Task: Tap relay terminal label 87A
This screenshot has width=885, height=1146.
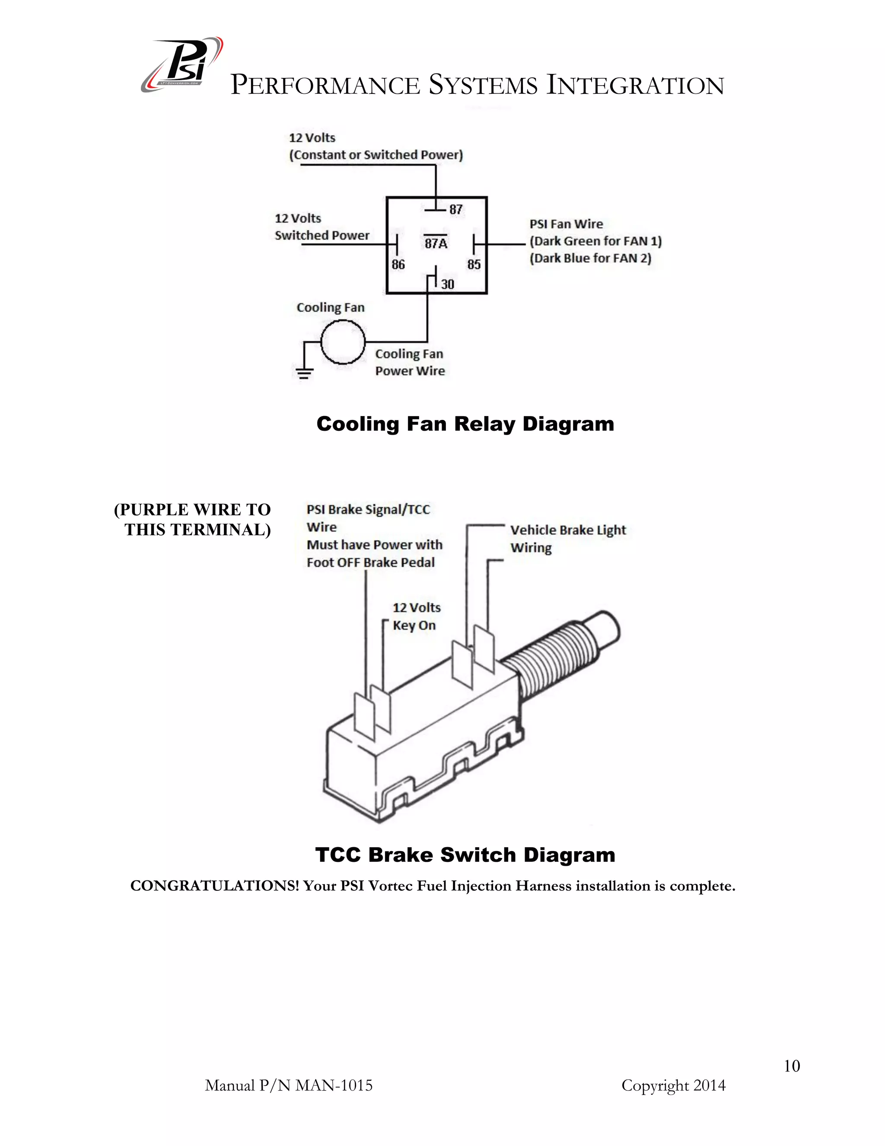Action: (436, 243)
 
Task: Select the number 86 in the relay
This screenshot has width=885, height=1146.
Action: (398, 265)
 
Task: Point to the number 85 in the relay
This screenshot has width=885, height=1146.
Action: (474, 265)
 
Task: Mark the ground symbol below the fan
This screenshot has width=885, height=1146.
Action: (303, 373)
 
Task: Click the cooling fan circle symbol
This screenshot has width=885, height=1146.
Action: (342, 342)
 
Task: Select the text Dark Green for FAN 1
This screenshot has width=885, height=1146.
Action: (595, 241)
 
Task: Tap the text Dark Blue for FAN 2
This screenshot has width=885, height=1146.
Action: (590, 258)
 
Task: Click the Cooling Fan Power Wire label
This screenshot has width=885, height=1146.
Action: (410, 362)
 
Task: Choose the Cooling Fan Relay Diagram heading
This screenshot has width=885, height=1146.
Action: (465, 424)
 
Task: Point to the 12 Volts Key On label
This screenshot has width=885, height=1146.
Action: (416, 617)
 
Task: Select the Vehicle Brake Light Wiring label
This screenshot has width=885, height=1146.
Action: (568, 538)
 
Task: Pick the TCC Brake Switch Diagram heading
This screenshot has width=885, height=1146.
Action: (465, 855)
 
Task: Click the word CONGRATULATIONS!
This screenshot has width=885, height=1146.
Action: (214, 886)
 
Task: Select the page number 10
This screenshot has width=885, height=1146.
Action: (792, 1066)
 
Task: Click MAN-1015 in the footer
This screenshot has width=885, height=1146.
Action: (334, 1085)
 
